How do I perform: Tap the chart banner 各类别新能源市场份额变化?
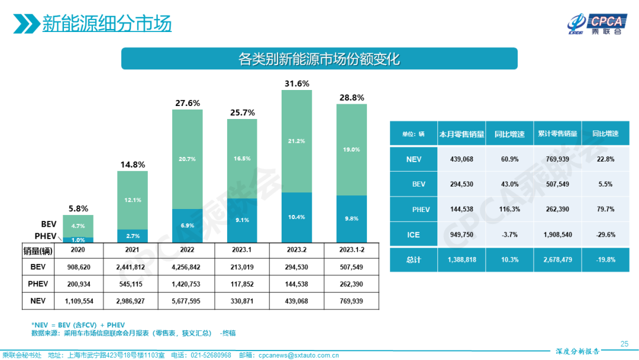[x=319, y=59]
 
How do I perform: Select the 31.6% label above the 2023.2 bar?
[x=297, y=83]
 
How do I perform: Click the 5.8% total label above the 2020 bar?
[x=78, y=208]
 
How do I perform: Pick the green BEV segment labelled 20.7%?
[x=187, y=160]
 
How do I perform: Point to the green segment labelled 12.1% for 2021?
[x=133, y=200]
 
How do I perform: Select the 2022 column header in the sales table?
[x=187, y=250]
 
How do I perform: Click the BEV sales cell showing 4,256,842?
[x=187, y=267]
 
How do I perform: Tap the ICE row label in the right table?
[x=413, y=235]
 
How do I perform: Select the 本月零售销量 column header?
[x=461, y=134]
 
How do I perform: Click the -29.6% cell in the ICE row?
[x=605, y=235]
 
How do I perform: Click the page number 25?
[x=624, y=343]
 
